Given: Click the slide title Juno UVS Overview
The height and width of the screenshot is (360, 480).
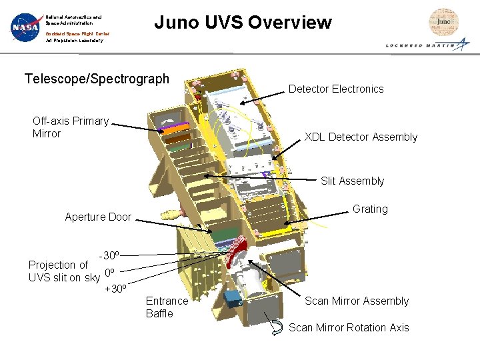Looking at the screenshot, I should coord(243,23).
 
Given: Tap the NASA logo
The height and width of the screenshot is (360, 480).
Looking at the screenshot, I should coord(25,27).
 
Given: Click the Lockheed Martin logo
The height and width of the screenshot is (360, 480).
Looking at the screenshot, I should coord(427,45).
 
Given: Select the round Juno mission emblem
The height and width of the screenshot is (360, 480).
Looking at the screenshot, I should coord(443,21).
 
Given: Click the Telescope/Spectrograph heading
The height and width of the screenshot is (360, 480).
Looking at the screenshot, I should coord(97,79).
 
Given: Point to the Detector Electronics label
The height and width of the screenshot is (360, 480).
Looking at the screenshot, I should coord(336,89).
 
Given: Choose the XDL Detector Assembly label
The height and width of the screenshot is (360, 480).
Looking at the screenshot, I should coord(361,137).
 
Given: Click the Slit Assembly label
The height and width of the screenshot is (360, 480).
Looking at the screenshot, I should coord(352,181).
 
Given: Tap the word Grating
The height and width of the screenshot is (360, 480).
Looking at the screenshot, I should coord(370,209).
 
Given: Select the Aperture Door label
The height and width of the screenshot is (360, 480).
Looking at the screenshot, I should coord(98,217).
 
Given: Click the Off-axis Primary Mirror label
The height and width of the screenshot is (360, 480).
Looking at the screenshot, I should coord(70,127).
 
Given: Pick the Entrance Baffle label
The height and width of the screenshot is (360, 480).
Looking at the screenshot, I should coord(167,307).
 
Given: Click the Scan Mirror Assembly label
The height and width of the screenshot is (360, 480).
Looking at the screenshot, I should coord(357,301).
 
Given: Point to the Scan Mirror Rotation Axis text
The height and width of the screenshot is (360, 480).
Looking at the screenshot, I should coord(349,327).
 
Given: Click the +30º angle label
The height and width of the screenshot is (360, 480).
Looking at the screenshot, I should coord(116,289).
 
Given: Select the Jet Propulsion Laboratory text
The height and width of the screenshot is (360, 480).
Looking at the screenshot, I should coord(74,41).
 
